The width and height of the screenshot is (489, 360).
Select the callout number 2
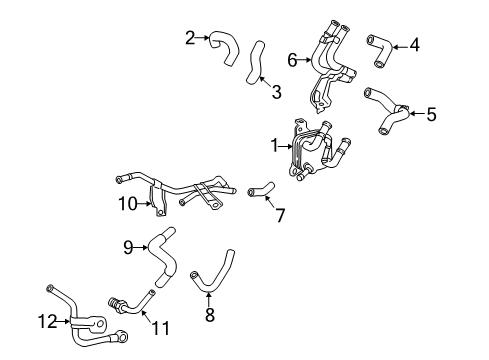[190, 38]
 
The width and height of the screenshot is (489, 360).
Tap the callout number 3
[276, 93]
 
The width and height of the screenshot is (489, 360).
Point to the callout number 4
[415, 44]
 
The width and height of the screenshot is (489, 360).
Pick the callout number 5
[431, 115]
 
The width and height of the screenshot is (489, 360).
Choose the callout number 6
[292, 60]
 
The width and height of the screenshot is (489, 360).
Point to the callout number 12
[43, 321]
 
